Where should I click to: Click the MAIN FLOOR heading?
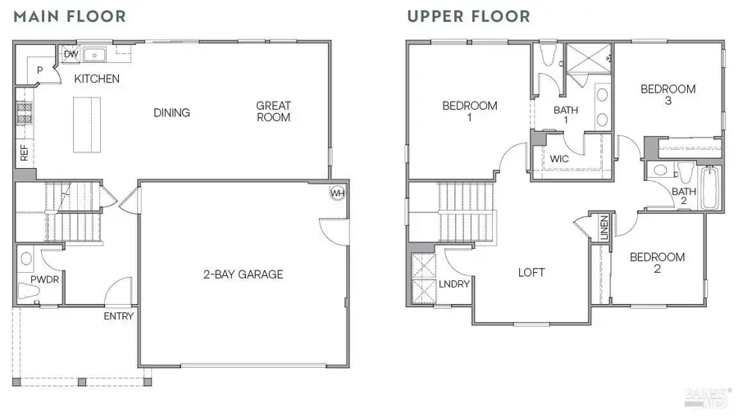[69, 16]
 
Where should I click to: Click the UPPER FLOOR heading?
[468, 16]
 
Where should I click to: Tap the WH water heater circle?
[336, 193]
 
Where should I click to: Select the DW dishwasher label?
[71, 54]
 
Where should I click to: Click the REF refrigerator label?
[24, 153]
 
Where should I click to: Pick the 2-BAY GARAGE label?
[243, 274]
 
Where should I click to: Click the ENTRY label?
[119, 316]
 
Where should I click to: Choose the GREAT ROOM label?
[273, 111]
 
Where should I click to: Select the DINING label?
[171, 113]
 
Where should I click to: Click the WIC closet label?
[559, 159]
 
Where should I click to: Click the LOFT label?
[531, 273]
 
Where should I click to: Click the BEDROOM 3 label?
[668, 95]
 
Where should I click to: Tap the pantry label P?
[39, 71]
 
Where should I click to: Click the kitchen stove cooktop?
[24, 115]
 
